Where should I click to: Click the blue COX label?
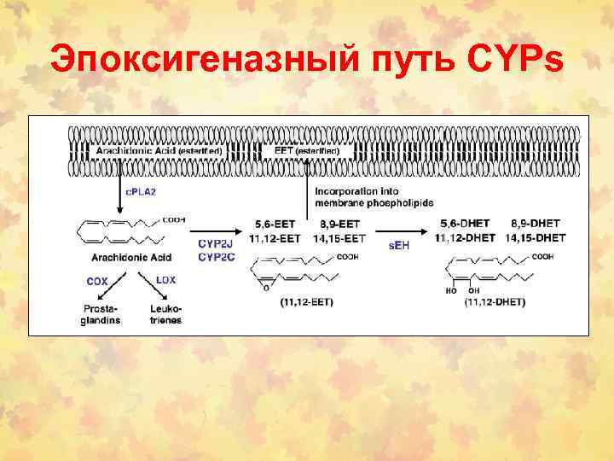coord(97,279)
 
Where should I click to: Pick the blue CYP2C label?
coord(214,254)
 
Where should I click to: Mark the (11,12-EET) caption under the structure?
coord(306,301)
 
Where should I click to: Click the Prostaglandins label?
coord(101,314)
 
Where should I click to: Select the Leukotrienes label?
coord(165,314)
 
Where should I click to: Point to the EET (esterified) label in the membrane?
coord(307,150)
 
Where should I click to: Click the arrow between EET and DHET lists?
coord(401,230)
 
